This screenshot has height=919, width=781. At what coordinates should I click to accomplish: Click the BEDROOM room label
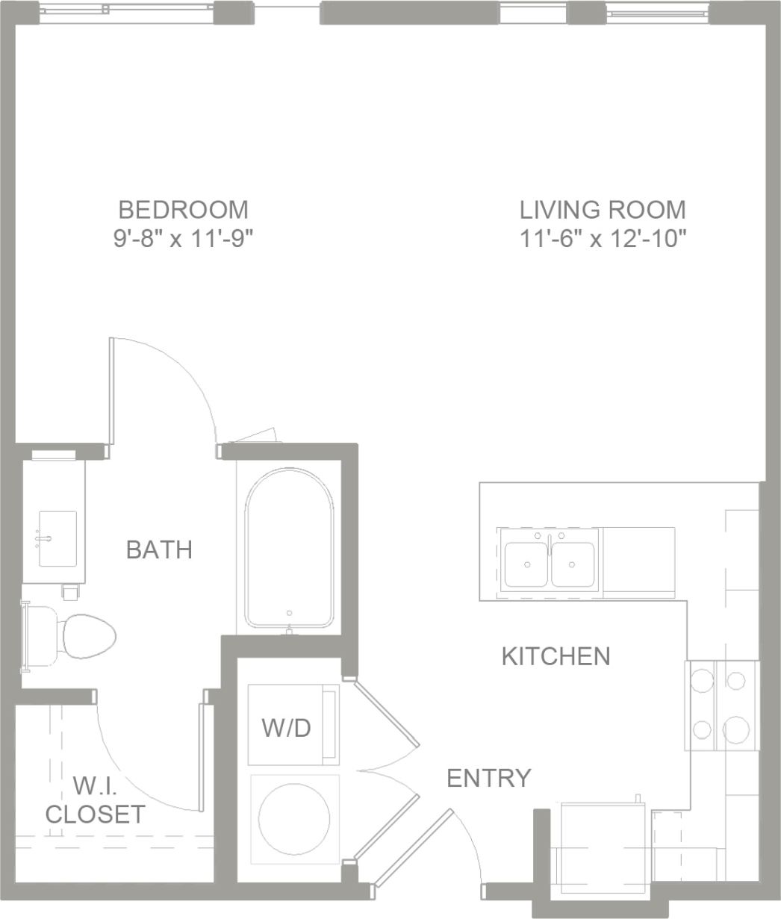coord(183,208)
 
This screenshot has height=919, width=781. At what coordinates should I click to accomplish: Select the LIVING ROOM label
coord(603,209)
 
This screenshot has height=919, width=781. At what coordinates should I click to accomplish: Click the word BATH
coord(159,549)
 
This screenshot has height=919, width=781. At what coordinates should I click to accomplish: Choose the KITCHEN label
coord(556,656)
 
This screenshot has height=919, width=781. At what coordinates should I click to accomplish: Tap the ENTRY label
coord(488,778)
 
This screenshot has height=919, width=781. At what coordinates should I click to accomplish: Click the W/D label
coord(286,728)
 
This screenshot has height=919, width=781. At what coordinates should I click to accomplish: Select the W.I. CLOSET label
coord(95,800)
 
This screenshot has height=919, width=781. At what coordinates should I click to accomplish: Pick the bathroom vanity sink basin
coord(57,538)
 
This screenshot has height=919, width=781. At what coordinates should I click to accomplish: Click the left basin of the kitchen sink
coord(526,564)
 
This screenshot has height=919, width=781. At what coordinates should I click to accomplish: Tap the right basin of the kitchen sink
coord(573,564)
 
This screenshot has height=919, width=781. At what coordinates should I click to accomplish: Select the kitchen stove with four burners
coord(721,705)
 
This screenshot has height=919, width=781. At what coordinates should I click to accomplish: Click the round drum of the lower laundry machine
coord(294,816)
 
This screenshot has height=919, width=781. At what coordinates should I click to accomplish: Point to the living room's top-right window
coord(656,11)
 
